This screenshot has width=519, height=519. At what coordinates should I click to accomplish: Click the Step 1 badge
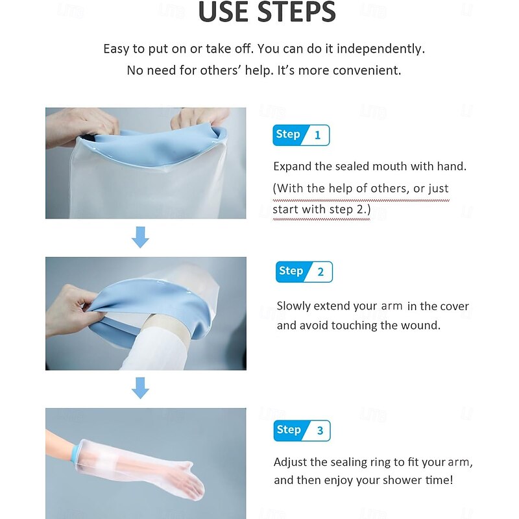click(301, 135)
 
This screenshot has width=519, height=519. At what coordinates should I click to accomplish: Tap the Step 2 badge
click(304, 272)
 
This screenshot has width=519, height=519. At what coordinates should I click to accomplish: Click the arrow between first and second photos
click(140, 238)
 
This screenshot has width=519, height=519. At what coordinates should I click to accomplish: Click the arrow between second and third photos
click(140, 388)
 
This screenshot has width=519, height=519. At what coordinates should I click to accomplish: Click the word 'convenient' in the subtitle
click(367, 70)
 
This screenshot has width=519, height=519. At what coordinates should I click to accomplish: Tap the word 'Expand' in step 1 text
click(293, 167)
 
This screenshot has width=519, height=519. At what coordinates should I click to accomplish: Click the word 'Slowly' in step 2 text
click(296, 306)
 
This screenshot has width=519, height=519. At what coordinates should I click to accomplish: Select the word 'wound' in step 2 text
click(422, 326)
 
